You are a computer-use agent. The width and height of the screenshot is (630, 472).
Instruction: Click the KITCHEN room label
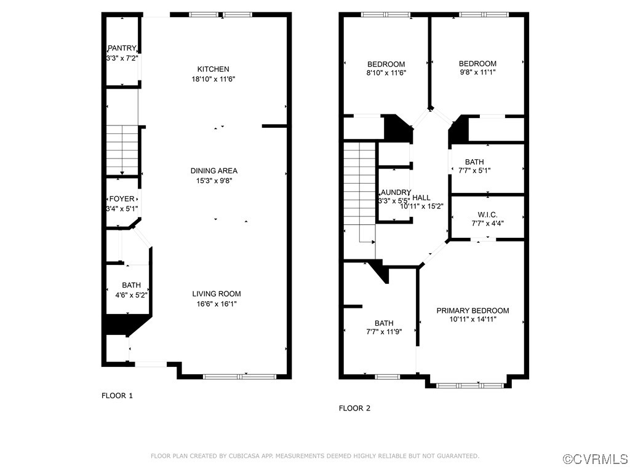[213, 69]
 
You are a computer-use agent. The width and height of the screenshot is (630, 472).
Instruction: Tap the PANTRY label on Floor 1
[122, 49]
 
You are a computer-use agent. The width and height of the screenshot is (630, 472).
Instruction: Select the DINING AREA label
[213, 171]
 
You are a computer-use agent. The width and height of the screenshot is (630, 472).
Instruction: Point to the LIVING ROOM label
[217, 294]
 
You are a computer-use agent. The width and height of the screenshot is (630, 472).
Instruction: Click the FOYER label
[122, 199]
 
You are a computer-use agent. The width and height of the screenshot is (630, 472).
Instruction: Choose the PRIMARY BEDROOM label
[472, 310]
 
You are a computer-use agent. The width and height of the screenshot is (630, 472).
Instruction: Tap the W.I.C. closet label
[487, 214]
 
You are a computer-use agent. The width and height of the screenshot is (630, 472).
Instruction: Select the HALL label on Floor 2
[421, 197]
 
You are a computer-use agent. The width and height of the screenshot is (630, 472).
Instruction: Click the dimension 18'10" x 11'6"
[213, 79]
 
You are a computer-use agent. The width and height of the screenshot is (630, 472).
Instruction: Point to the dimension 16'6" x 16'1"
[217, 304]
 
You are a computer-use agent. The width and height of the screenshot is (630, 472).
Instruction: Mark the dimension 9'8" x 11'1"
[477, 73]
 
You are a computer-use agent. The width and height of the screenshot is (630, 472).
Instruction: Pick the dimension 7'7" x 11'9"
[384, 332]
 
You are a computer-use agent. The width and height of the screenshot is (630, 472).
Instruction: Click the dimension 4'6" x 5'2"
[131, 295]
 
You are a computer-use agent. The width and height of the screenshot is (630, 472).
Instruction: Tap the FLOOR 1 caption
[117, 396]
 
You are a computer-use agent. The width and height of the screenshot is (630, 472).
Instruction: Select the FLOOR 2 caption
[354, 408]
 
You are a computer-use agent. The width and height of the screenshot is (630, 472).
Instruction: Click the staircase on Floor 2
[359, 191]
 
